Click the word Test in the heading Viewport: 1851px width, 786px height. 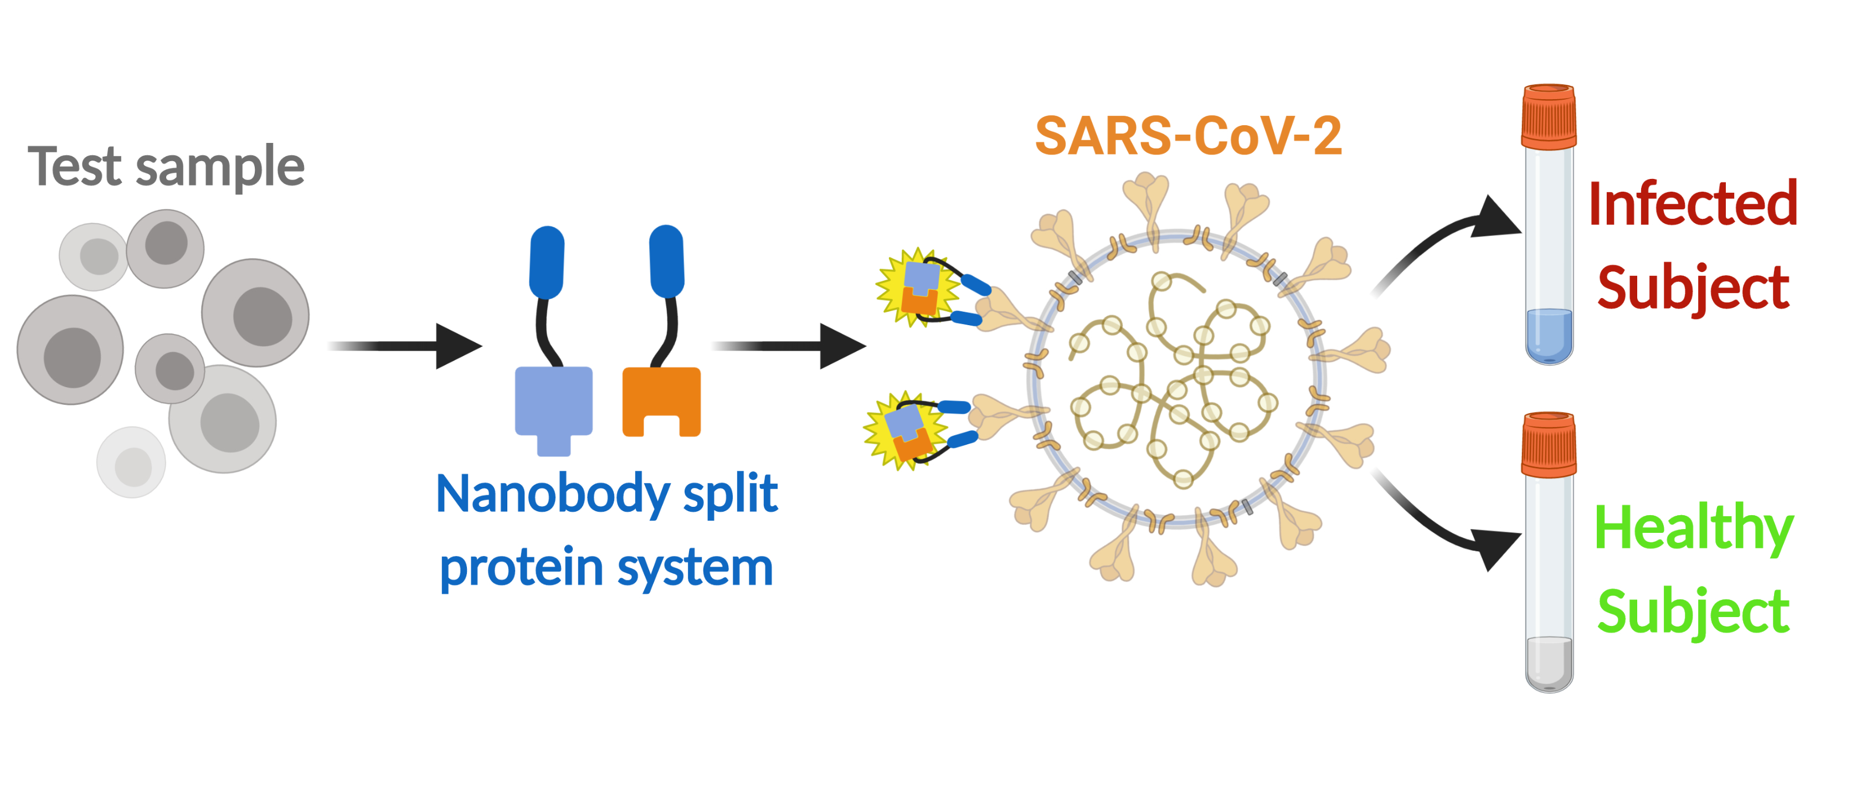click(75, 167)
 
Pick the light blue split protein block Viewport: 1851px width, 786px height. click(553, 402)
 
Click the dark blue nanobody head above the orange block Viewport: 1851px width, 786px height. click(666, 261)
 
